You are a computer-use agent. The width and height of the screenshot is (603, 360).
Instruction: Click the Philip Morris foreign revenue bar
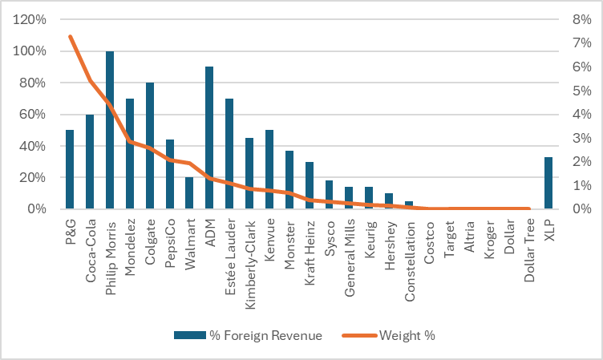point(110,130)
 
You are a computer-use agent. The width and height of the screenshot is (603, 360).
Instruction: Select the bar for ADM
point(209,138)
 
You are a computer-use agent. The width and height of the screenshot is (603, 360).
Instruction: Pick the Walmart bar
point(189,193)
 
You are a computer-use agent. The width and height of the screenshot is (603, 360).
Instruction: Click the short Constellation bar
point(409,205)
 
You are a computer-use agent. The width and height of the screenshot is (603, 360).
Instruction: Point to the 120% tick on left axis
point(29,19)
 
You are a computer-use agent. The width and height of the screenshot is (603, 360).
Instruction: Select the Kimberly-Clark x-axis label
point(249,249)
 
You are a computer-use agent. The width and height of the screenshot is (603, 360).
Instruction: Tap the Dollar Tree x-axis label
point(528,245)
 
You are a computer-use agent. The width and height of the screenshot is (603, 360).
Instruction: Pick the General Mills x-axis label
point(350,246)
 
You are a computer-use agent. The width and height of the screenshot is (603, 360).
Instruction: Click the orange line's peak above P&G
point(71,36)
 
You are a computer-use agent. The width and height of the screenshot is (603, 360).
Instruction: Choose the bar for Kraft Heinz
point(310,185)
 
